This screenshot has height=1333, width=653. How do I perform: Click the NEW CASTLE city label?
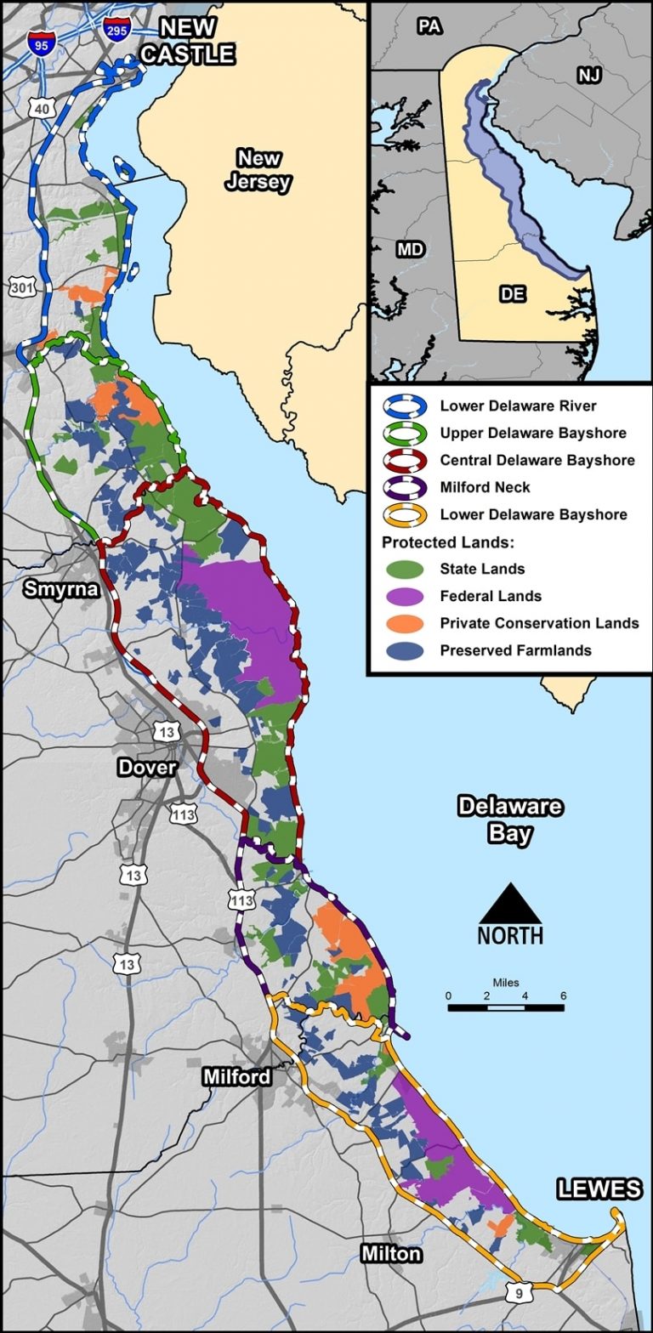coord(187,41)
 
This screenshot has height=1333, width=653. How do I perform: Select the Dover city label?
coord(146,767)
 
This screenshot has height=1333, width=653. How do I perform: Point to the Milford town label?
coord(237,1077)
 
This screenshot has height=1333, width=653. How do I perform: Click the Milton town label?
coord(390,1253)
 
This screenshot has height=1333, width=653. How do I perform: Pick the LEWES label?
coord(599,1188)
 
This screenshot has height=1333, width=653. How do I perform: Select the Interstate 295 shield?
coord(116,31)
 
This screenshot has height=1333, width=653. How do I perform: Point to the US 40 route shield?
coord(42,108)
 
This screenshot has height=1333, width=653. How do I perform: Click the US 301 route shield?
coord(21,287)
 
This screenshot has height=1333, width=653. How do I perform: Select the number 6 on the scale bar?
coord(563,995)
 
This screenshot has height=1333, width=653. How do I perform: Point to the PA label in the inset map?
coord(429,27)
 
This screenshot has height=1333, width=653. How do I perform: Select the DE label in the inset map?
coord(513,294)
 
